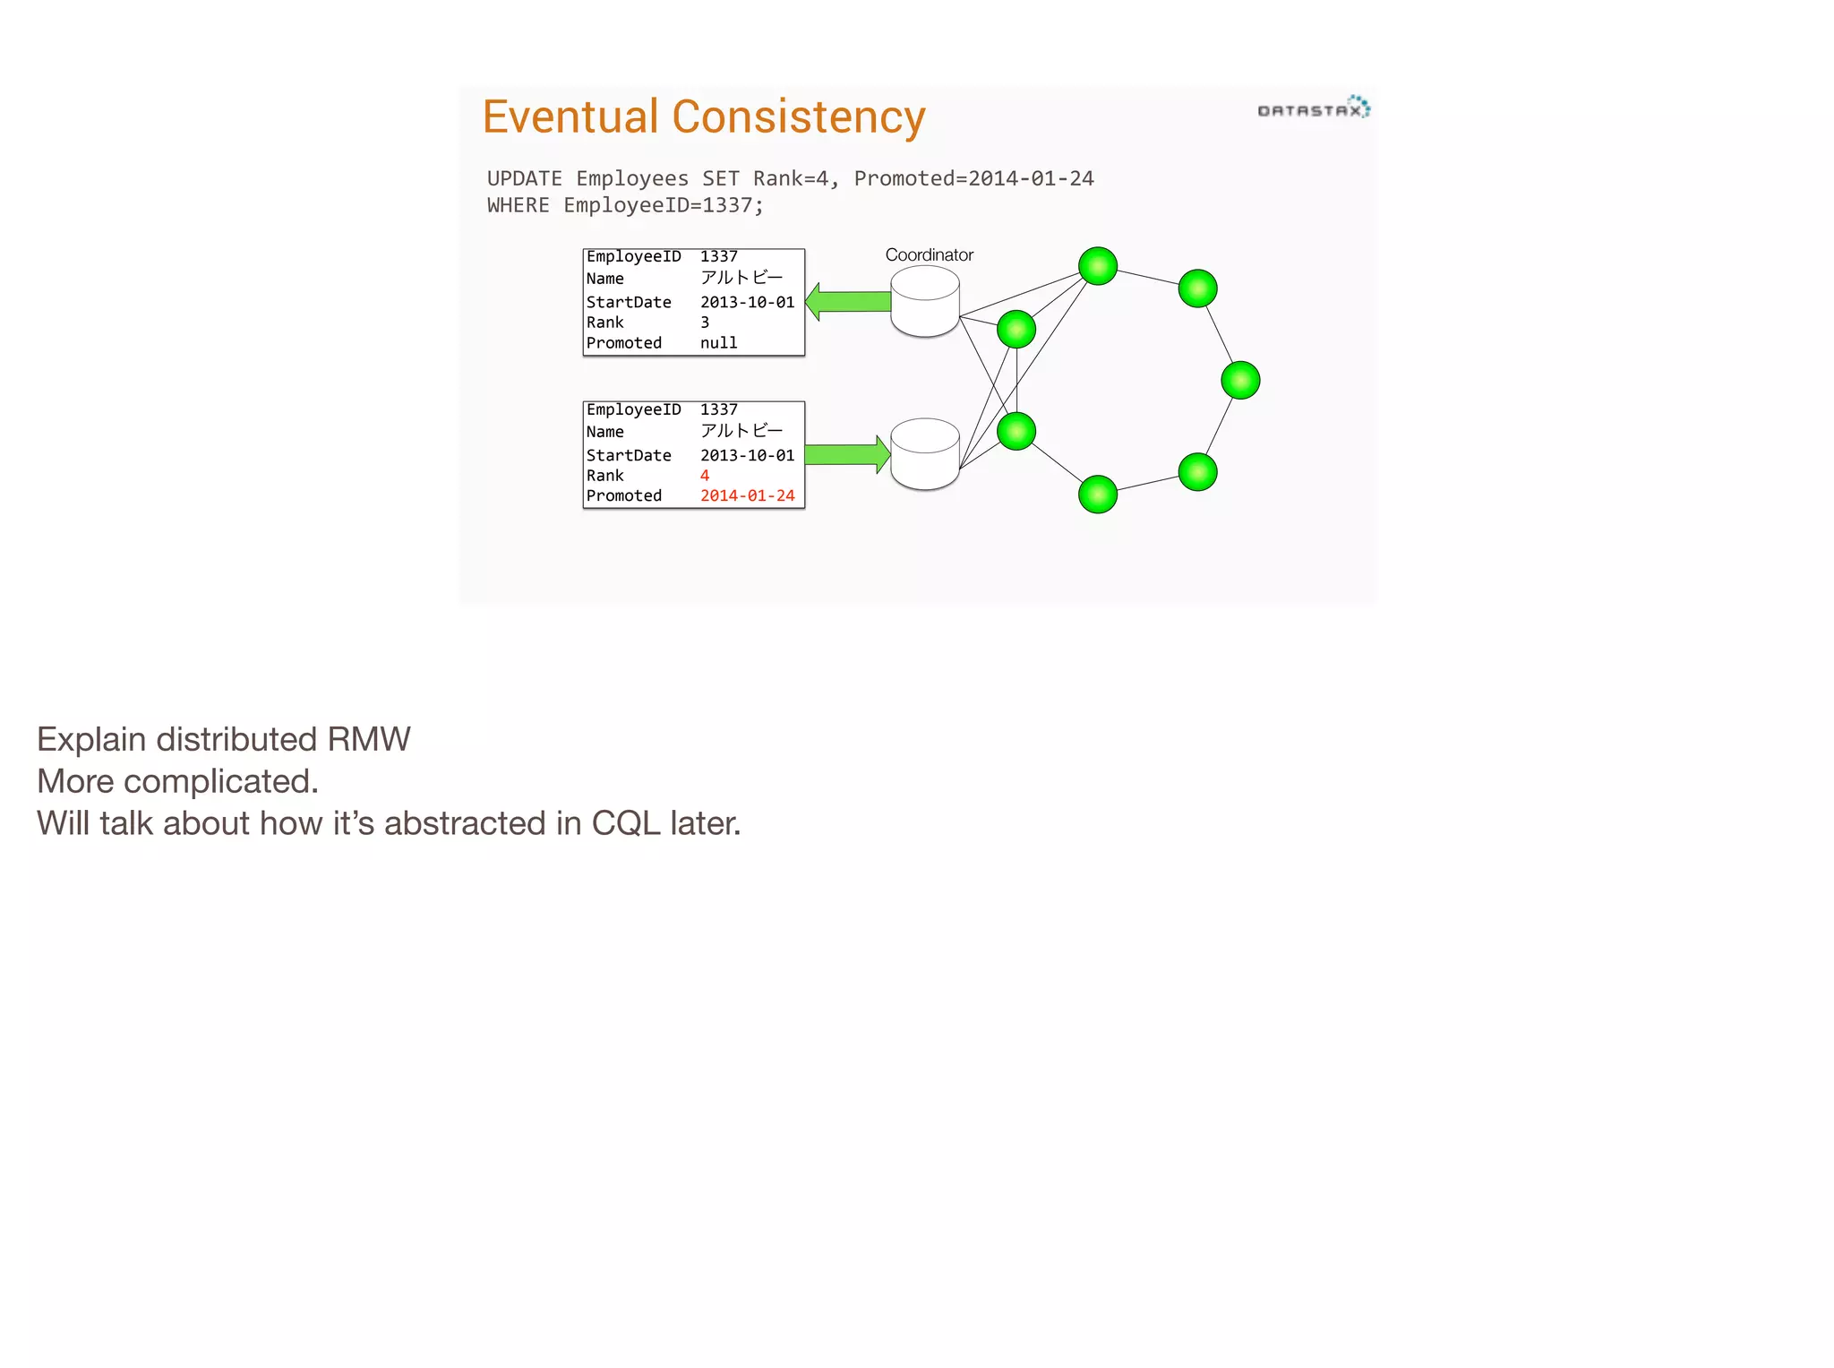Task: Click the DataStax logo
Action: (x=1313, y=108)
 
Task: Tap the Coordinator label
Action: (x=929, y=255)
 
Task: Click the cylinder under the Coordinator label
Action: (x=925, y=302)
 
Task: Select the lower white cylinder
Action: (x=925, y=454)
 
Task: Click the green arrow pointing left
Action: (x=847, y=302)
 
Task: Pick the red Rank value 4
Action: (x=705, y=476)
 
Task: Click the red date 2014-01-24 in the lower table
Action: (x=747, y=496)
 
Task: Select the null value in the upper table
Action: (x=718, y=343)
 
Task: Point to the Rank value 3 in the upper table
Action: (x=705, y=323)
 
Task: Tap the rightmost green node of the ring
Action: (x=1240, y=380)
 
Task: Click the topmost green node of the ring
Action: (x=1098, y=266)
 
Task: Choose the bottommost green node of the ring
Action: (x=1098, y=495)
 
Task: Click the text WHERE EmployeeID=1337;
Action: (x=625, y=206)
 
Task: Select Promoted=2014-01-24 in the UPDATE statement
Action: (x=973, y=179)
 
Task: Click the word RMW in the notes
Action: (x=368, y=740)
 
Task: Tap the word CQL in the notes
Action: (x=625, y=824)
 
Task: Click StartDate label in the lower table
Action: (x=629, y=456)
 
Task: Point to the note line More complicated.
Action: (x=177, y=782)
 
